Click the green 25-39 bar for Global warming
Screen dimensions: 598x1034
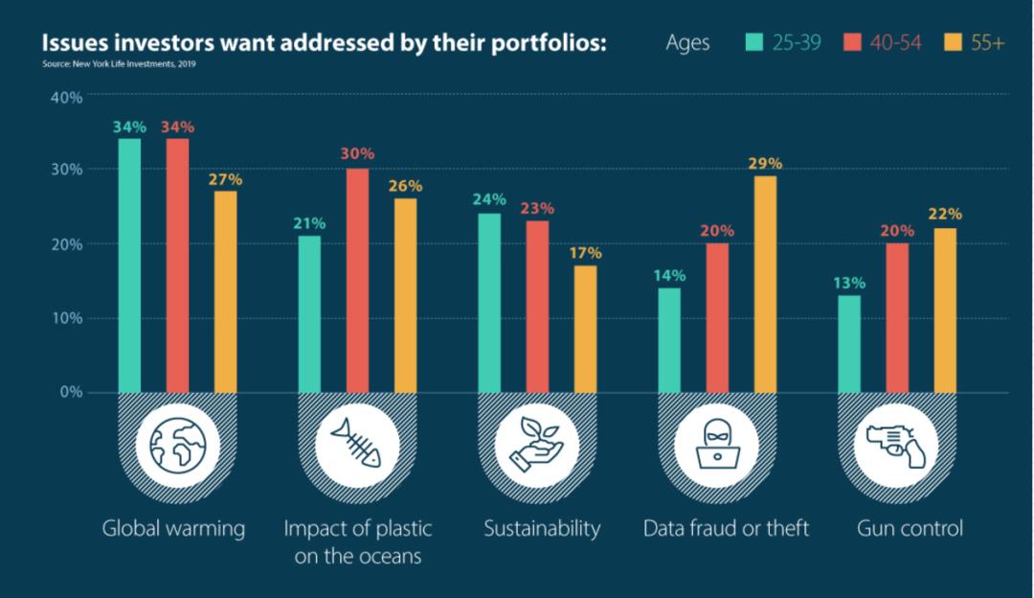(x=129, y=265)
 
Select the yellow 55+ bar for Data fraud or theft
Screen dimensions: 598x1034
(x=765, y=284)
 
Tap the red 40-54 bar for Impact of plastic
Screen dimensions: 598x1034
(x=357, y=280)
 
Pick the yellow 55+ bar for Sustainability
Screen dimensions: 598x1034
(x=585, y=329)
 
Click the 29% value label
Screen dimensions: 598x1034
(x=765, y=164)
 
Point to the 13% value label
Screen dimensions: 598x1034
(x=849, y=283)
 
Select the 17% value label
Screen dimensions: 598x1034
(x=585, y=253)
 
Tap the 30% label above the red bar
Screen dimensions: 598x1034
(x=357, y=153)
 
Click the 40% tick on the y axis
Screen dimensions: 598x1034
(x=66, y=97)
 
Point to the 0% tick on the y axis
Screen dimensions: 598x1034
(x=71, y=392)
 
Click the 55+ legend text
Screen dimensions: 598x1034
(x=987, y=42)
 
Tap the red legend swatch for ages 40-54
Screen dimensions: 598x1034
(x=853, y=42)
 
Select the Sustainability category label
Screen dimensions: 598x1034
(x=542, y=528)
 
